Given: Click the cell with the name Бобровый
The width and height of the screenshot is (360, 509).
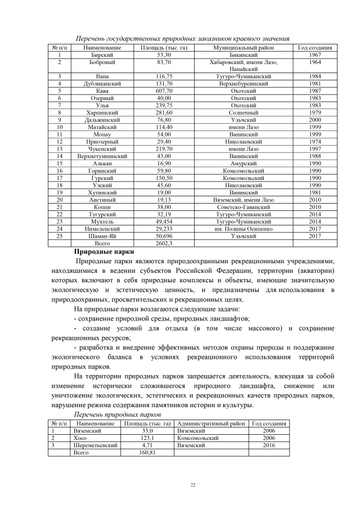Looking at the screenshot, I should pyautogui.click(x=102, y=62).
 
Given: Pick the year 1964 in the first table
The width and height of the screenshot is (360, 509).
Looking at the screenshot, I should pyautogui.click(x=315, y=62).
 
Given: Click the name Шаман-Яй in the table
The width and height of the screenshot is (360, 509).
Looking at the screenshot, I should pyautogui.click(x=102, y=236).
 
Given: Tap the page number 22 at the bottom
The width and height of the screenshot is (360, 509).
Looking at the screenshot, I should pyautogui.click(x=192, y=485).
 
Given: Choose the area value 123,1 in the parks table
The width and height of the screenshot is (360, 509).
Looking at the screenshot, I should pyautogui.click(x=147, y=438).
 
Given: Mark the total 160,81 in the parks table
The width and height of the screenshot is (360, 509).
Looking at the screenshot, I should pyautogui.click(x=147, y=452).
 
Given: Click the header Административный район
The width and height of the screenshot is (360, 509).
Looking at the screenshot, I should pyautogui.click(x=211, y=423).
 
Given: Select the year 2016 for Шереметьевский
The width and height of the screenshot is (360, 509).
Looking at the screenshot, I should pyautogui.click(x=268, y=445).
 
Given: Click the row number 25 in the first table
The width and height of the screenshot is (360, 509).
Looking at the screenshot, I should pyautogui.click(x=59, y=236).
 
